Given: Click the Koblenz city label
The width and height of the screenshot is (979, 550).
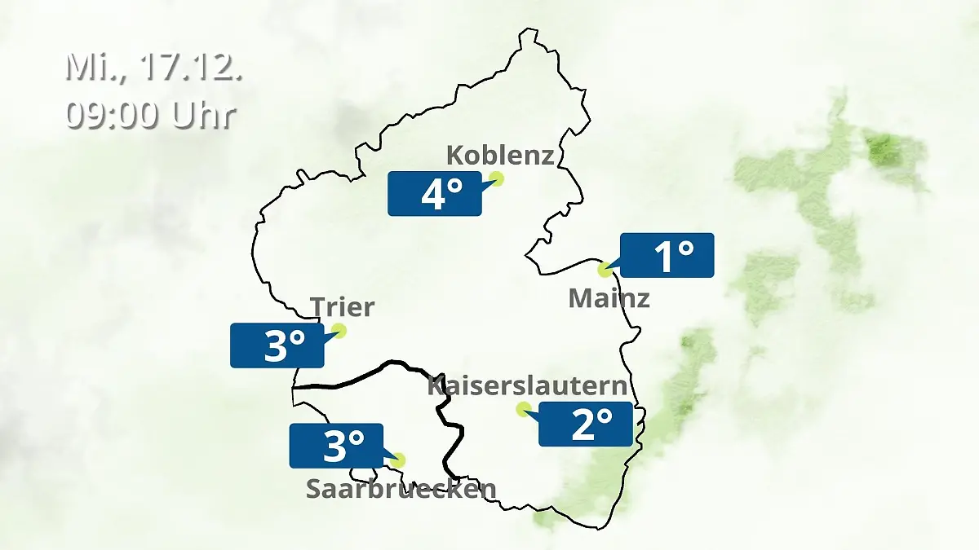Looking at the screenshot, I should (x=500, y=155).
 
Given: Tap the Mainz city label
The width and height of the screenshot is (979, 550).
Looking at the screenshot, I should (x=609, y=298).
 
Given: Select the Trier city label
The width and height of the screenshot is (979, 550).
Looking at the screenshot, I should (x=342, y=307).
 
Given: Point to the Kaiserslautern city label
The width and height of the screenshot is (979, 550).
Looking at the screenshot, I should (x=528, y=385).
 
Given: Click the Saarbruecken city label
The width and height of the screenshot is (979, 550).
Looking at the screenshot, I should (x=401, y=489).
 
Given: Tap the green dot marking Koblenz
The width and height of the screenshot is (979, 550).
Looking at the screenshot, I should (x=496, y=178).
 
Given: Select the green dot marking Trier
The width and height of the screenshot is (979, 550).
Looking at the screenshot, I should (x=339, y=330).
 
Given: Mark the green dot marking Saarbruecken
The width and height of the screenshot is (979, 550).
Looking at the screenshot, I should (x=397, y=460).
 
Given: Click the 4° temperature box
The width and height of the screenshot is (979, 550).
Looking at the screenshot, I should (x=435, y=194).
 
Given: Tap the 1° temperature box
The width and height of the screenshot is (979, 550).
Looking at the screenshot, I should (x=667, y=255).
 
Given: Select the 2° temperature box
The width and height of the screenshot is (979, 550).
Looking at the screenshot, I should (x=586, y=424).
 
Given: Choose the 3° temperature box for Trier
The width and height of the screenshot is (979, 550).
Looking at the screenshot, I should (x=277, y=345).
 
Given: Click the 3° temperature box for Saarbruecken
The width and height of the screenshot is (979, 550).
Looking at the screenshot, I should (x=336, y=446).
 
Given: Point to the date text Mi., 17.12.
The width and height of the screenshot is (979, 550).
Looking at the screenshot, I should (x=154, y=68).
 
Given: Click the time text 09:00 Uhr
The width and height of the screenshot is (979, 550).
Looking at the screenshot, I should (x=151, y=115).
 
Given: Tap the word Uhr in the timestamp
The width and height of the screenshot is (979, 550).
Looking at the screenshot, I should (x=203, y=115).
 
